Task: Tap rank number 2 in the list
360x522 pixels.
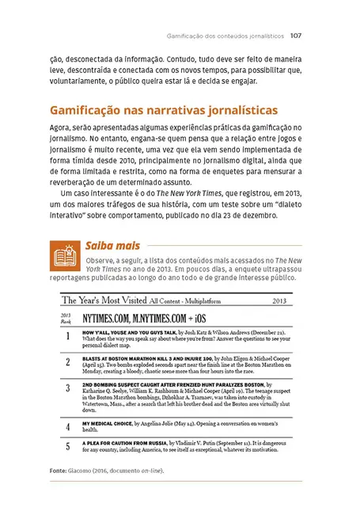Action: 68,361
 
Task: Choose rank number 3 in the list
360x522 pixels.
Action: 68,388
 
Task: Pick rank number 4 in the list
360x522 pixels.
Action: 68,426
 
